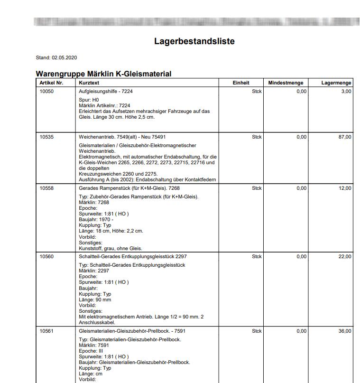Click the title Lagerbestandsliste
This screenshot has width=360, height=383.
pos(194,41)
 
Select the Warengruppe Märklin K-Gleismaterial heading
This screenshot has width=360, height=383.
pos(103,74)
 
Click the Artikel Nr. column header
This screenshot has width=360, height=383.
pos(51,83)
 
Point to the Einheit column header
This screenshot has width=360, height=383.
pos(241,83)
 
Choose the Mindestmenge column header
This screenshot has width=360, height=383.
pos(286,83)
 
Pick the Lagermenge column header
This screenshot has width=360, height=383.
pos(336,83)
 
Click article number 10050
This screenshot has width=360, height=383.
pos(46,91)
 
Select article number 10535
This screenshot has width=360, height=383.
pos(46,137)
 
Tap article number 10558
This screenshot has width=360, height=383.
pos(46,188)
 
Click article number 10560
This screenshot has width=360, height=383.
pos(46,256)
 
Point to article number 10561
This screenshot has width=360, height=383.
pos(46,331)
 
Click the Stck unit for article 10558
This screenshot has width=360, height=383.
pos(257,188)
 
